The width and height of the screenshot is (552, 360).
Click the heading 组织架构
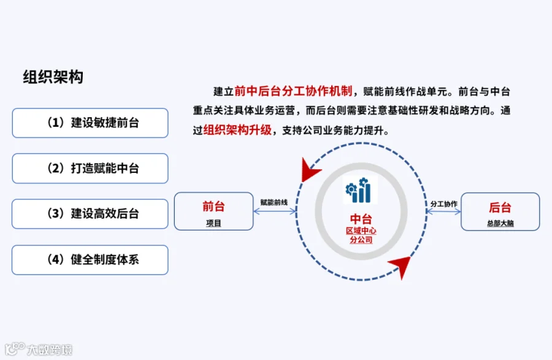click(x=53, y=77)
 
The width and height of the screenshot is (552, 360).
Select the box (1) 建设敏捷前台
click(x=90, y=123)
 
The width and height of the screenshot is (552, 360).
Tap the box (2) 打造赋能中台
click(x=90, y=168)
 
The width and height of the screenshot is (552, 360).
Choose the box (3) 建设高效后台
click(x=90, y=213)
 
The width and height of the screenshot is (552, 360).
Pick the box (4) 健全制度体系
click(x=90, y=259)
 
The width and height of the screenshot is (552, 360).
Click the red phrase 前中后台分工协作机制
click(x=293, y=91)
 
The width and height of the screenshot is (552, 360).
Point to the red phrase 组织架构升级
click(x=237, y=130)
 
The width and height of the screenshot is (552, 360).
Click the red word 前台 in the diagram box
click(x=213, y=206)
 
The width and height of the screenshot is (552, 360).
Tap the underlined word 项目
click(x=213, y=223)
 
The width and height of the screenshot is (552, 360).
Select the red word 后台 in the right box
click(x=500, y=207)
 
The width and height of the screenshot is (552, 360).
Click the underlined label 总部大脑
click(x=500, y=223)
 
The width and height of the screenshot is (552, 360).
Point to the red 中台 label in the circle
click(x=361, y=219)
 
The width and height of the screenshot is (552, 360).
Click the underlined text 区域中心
click(x=361, y=231)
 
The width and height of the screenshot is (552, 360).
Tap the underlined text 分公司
click(x=361, y=240)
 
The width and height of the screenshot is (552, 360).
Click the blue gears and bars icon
click(x=359, y=190)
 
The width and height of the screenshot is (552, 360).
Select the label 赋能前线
click(x=274, y=202)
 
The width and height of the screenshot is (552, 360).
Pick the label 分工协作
click(x=444, y=204)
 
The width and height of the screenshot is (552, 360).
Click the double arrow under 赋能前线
click(x=275, y=211)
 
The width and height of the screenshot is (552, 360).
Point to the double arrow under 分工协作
click(x=443, y=212)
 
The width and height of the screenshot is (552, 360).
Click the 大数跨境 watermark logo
click(x=39, y=349)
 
